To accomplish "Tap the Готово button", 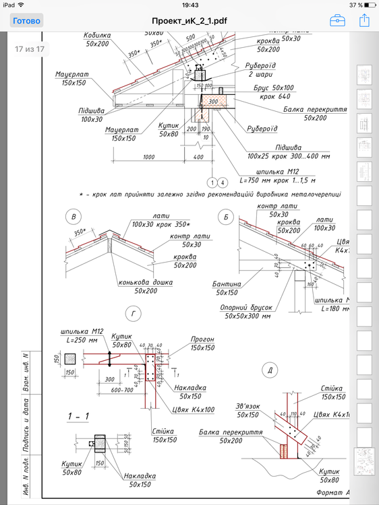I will coord(26,21).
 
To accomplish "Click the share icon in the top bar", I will coord(365,21).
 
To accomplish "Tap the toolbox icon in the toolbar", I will coord(338,21).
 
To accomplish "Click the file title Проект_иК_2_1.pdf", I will coord(189,21).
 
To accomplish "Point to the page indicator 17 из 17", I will coord(30,49).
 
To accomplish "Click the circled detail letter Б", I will coord(226,216).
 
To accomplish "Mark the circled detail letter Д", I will coord(268,371).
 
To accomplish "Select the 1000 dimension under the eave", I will coord(150,157).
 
